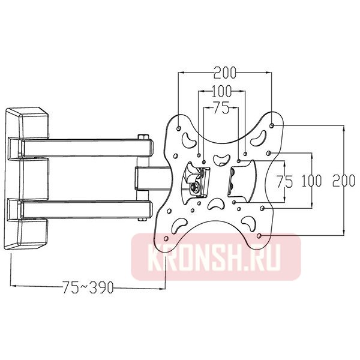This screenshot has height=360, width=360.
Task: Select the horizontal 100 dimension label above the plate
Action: (221, 92)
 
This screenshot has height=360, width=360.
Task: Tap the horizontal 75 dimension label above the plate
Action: (221, 109)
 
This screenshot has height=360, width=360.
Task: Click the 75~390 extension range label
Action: (88, 287)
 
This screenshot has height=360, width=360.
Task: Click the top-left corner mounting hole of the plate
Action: (179, 127)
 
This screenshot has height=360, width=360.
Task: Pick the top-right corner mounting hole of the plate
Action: (273, 125)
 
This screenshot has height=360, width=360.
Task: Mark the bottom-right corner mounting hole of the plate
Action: (259, 237)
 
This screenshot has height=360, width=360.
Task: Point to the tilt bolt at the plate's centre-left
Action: (196, 189)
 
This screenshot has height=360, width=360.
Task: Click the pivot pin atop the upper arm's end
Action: (142, 137)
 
